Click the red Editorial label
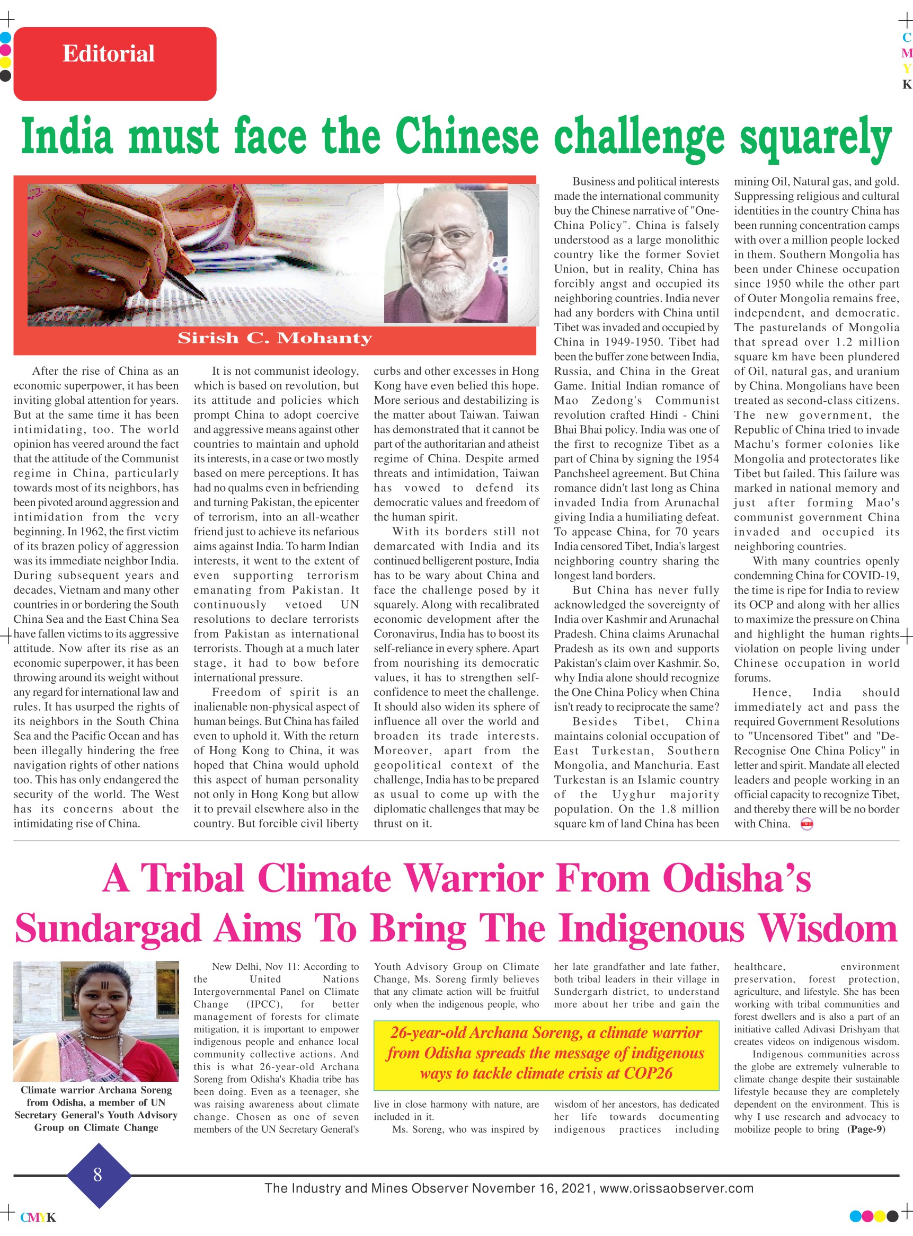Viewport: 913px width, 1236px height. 114,64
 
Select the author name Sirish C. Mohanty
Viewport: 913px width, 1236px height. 274,338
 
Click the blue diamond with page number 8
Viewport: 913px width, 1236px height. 98,1174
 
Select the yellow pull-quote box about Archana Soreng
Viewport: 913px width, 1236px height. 546,1055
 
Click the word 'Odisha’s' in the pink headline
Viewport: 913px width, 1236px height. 737,878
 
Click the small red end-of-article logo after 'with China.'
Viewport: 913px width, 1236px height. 807,824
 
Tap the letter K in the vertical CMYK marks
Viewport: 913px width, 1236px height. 906,85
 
